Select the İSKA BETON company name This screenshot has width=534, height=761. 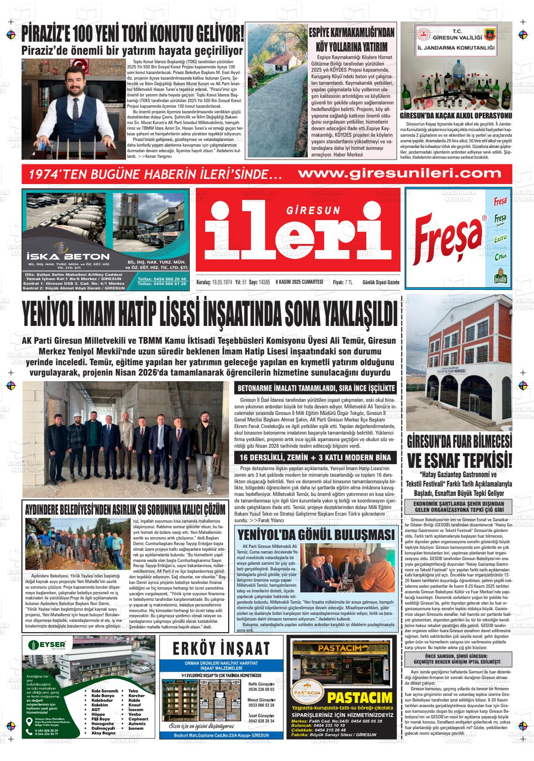pos(68,257)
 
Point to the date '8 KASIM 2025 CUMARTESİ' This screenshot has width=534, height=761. pos(300,281)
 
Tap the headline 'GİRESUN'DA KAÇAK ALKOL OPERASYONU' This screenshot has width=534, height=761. pos(456,116)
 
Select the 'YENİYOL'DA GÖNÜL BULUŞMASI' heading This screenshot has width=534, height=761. pos(316,535)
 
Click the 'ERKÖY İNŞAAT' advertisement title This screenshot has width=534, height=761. pos(221,648)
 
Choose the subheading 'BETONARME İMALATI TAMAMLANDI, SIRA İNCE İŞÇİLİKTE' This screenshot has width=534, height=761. pos(317,388)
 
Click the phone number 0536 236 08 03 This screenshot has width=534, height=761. pos(261,689)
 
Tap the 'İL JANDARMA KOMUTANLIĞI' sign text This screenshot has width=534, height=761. pos(456,48)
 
